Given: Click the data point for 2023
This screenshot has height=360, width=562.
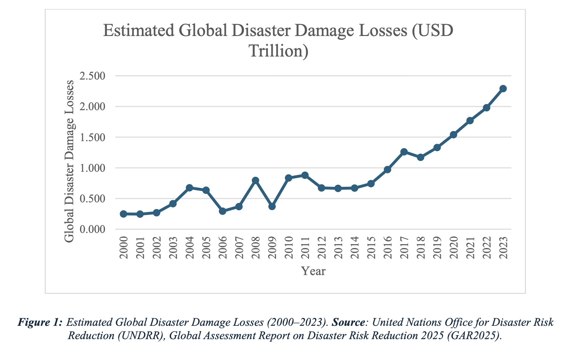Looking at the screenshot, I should pyautogui.click(x=503, y=89).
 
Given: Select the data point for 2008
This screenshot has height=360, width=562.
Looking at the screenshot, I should pyautogui.click(x=255, y=180).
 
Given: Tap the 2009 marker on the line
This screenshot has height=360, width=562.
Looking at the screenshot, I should pyautogui.click(x=272, y=206).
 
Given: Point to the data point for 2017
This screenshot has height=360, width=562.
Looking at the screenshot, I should pyautogui.click(x=404, y=152).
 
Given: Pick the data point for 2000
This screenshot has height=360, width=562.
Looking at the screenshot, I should pyautogui.click(x=124, y=214).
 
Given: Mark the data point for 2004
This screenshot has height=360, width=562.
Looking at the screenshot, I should pyautogui.click(x=189, y=188).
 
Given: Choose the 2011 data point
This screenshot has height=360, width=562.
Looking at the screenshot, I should pyautogui.click(x=305, y=175).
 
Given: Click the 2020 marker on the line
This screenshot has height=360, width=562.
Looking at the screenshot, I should pyautogui.click(x=454, y=135).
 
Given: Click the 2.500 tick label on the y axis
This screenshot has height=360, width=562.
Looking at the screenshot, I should pyautogui.click(x=93, y=76).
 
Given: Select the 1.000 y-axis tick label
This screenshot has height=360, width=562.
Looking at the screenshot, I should pyautogui.click(x=93, y=168).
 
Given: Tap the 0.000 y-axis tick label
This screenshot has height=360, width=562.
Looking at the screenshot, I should pyautogui.click(x=93, y=229).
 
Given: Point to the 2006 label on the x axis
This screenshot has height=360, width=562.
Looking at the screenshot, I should pyautogui.click(x=223, y=247).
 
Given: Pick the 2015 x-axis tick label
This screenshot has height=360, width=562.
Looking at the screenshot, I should pyautogui.click(x=371, y=247).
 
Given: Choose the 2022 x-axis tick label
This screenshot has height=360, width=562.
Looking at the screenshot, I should pyautogui.click(x=487, y=247).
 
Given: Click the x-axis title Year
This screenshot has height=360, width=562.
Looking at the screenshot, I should pyautogui.click(x=313, y=271).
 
